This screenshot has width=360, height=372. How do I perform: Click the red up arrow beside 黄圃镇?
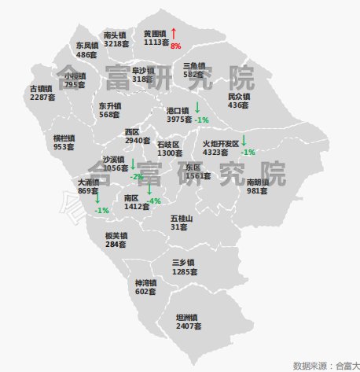click(x=173, y=33)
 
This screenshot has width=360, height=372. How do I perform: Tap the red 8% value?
click(x=176, y=46)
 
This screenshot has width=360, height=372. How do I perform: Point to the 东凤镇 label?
click(x=87, y=46)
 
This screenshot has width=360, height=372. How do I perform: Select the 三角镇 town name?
click(x=193, y=66)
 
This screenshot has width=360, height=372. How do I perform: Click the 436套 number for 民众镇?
click(x=238, y=105)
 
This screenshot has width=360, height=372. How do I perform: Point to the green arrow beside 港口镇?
click(x=197, y=106)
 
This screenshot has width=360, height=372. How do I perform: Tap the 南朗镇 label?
click(x=258, y=182)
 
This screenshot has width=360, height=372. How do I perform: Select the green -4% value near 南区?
click(x=155, y=201)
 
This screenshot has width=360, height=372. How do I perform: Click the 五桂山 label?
click(x=182, y=218)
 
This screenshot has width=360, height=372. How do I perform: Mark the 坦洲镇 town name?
click(x=189, y=317)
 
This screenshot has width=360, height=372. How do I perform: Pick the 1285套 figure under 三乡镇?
click(x=184, y=271)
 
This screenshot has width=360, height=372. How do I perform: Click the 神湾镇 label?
click(x=145, y=282)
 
